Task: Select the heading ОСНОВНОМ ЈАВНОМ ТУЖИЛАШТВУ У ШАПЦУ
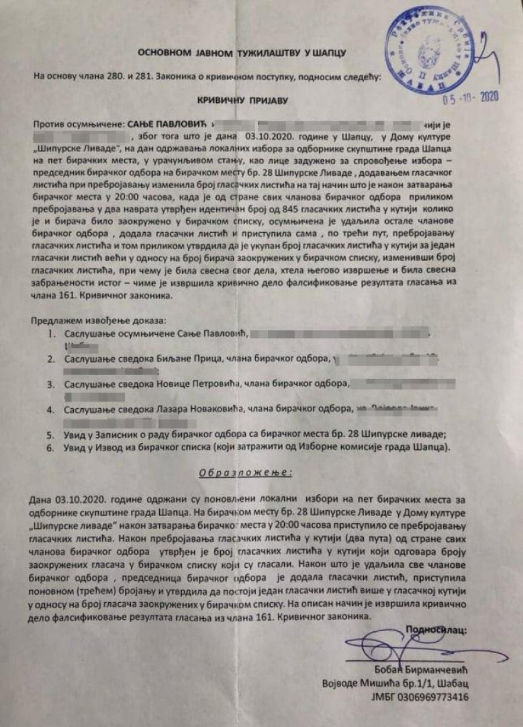click(242, 53)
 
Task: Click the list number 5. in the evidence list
click(53, 435)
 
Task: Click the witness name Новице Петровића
click(199, 384)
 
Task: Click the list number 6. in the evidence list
click(53, 448)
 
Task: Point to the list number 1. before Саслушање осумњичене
click(53, 334)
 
